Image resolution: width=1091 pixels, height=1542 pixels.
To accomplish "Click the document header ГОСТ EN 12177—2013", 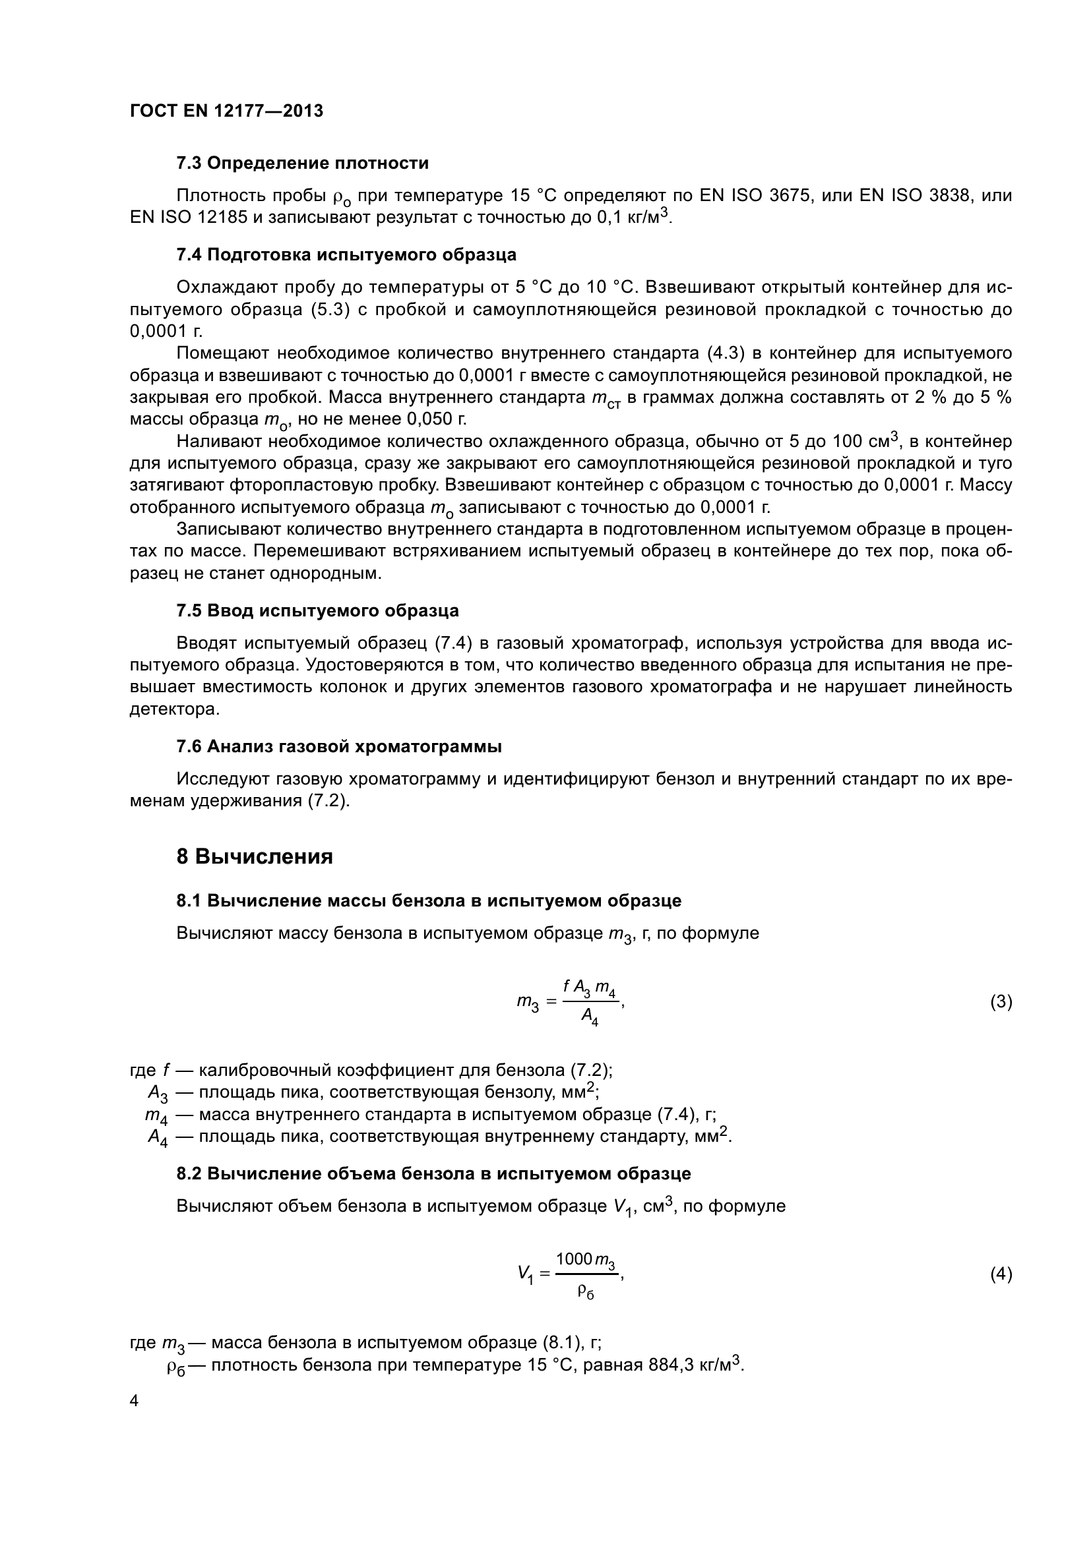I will [x=226, y=111].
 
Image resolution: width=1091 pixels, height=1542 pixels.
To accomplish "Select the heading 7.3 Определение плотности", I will [x=302, y=163].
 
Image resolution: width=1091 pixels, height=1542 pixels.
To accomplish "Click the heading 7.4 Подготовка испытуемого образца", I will [x=346, y=254].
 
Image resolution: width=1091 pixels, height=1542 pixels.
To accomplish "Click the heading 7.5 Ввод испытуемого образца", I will [x=318, y=610].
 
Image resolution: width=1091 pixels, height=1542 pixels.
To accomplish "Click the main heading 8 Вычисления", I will [x=255, y=857].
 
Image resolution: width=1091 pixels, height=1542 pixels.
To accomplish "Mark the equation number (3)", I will [x=1001, y=1002].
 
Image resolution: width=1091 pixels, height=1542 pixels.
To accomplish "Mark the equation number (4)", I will [x=1001, y=1274].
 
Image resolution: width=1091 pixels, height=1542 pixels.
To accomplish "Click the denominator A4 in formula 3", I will [x=589, y=1019].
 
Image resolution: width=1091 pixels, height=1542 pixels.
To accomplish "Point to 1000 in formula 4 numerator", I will [x=574, y=1258].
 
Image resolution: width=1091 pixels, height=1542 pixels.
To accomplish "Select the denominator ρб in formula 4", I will [x=586, y=1291].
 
